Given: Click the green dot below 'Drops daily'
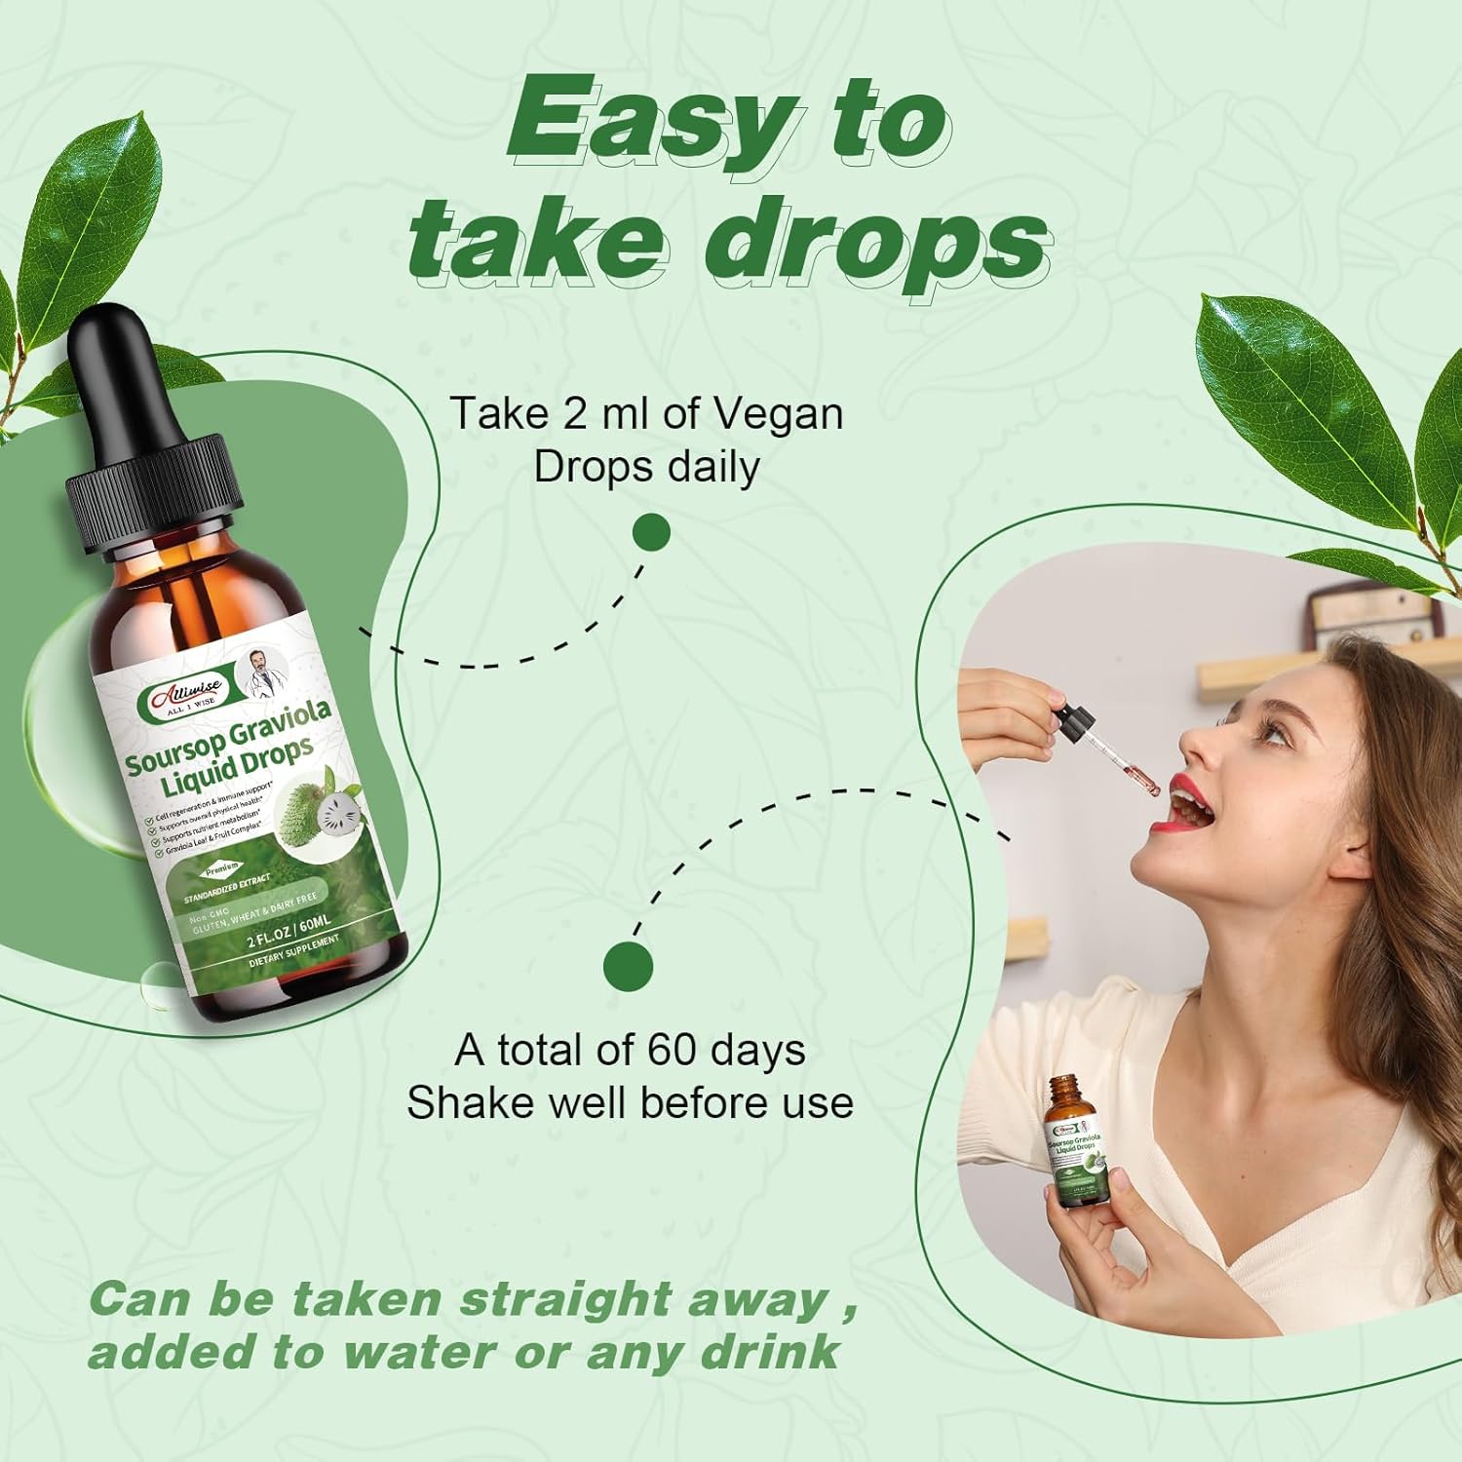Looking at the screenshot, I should (x=651, y=533).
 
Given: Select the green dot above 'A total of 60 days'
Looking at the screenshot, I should (x=628, y=966).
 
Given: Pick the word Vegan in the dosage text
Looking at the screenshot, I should (x=779, y=414).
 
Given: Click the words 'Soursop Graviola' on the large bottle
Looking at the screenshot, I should (x=229, y=736).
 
